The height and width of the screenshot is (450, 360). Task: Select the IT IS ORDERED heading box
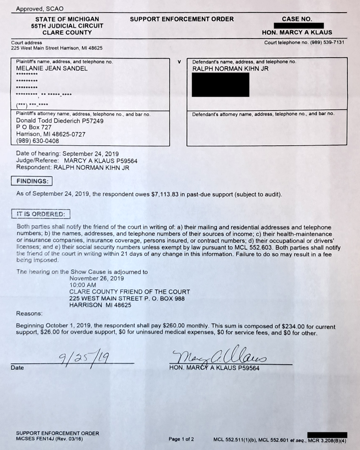[41, 214]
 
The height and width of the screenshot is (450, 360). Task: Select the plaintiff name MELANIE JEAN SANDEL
[52, 68]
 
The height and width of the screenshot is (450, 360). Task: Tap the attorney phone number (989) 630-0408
[38, 141]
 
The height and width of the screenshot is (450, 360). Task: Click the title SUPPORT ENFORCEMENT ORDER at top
[182, 19]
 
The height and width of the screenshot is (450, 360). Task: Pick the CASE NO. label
[297, 19]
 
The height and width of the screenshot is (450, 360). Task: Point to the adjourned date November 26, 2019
[97, 278]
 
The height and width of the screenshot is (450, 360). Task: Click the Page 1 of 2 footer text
[181, 439]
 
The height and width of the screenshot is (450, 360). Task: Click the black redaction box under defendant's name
[221, 85]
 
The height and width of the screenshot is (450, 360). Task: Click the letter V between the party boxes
[179, 62]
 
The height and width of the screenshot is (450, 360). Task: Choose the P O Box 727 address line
[34, 127]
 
